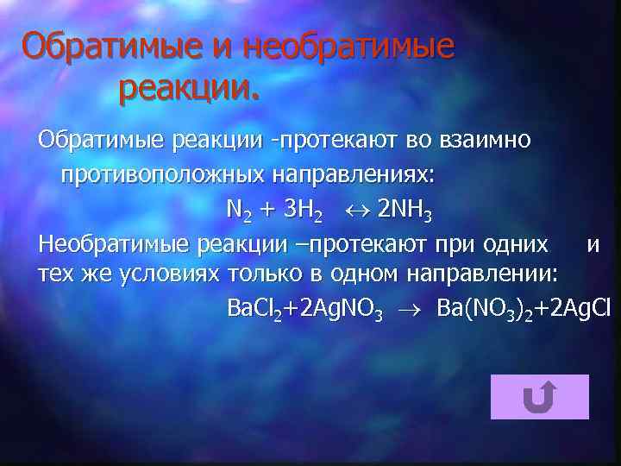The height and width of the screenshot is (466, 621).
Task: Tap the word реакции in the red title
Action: coord(187,85)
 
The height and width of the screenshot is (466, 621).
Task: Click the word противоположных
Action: coord(162,175)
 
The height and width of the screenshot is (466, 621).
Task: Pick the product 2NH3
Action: coord(405,211)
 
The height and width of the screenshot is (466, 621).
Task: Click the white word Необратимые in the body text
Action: coord(115,245)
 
